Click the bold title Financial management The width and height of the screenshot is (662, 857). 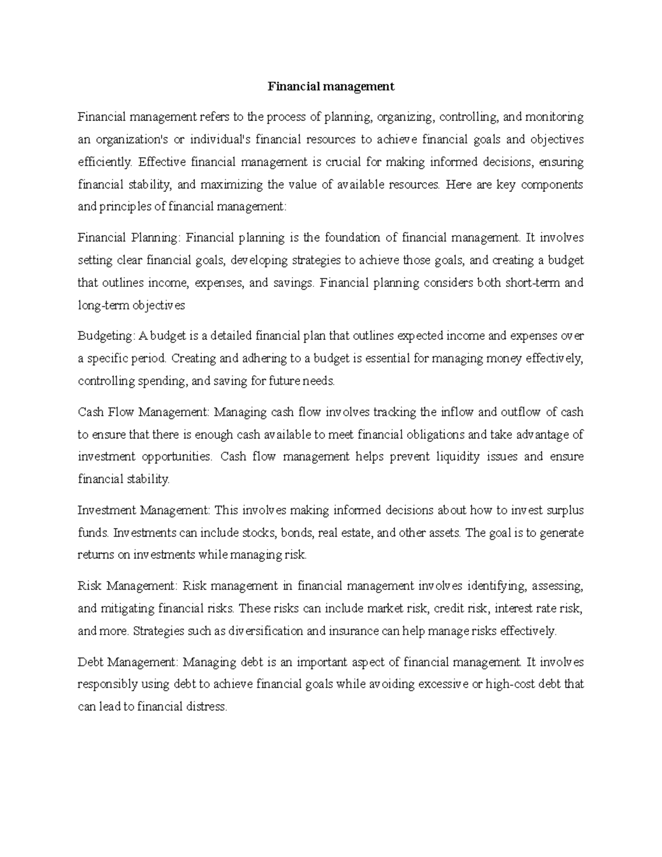(331, 87)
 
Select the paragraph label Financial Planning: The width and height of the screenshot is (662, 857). (129, 238)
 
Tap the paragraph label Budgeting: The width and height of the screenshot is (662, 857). (105, 336)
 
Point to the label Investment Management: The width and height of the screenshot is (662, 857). (143, 510)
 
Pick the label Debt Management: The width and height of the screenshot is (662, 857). (128, 662)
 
